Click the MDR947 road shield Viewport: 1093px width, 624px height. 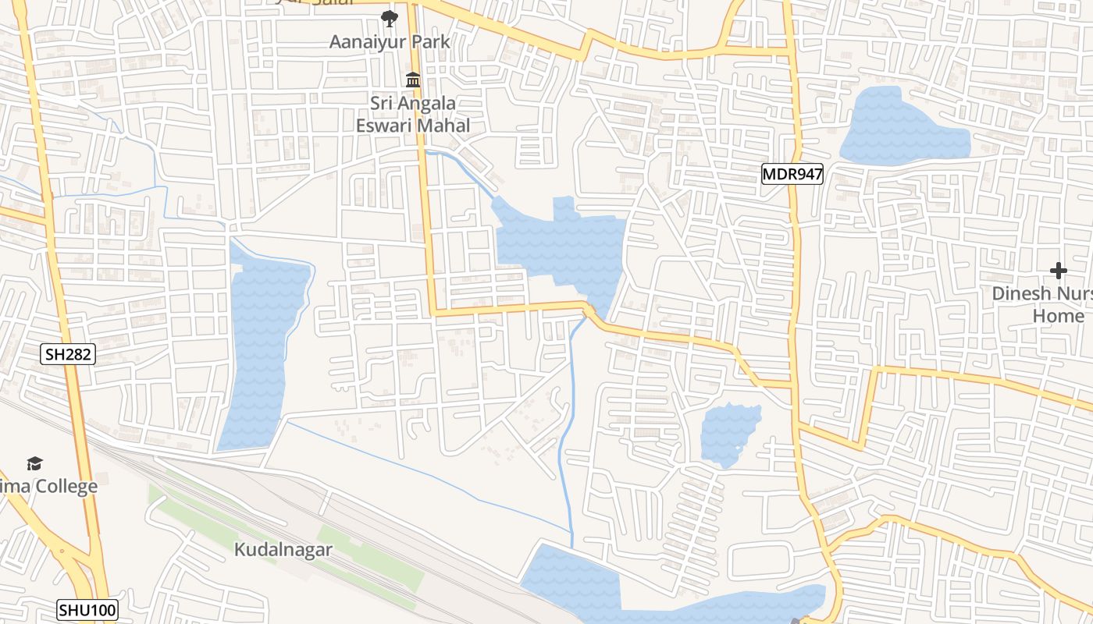pyautogui.click(x=792, y=174)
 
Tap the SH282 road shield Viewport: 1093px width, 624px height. pyautogui.click(x=68, y=355)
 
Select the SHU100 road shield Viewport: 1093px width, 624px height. pyautogui.click(x=87, y=609)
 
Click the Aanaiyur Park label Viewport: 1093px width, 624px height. pyautogui.click(x=390, y=41)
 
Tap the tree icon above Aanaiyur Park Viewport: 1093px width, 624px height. pyautogui.click(x=388, y=19)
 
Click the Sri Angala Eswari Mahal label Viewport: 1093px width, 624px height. pyautogui.click(x=413, y=114)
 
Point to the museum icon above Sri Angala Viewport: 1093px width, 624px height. pyautogui.click(x=412, y=80)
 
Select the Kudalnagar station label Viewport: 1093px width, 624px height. pyautogui.click(x=283, y=549)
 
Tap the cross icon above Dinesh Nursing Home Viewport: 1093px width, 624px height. pyautogui.click(x=1059, y=271)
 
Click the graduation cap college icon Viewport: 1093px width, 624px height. pyautogui.click(x=34, y=464)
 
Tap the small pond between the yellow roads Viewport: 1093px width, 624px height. pyautogui.click(x=729, y=434)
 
